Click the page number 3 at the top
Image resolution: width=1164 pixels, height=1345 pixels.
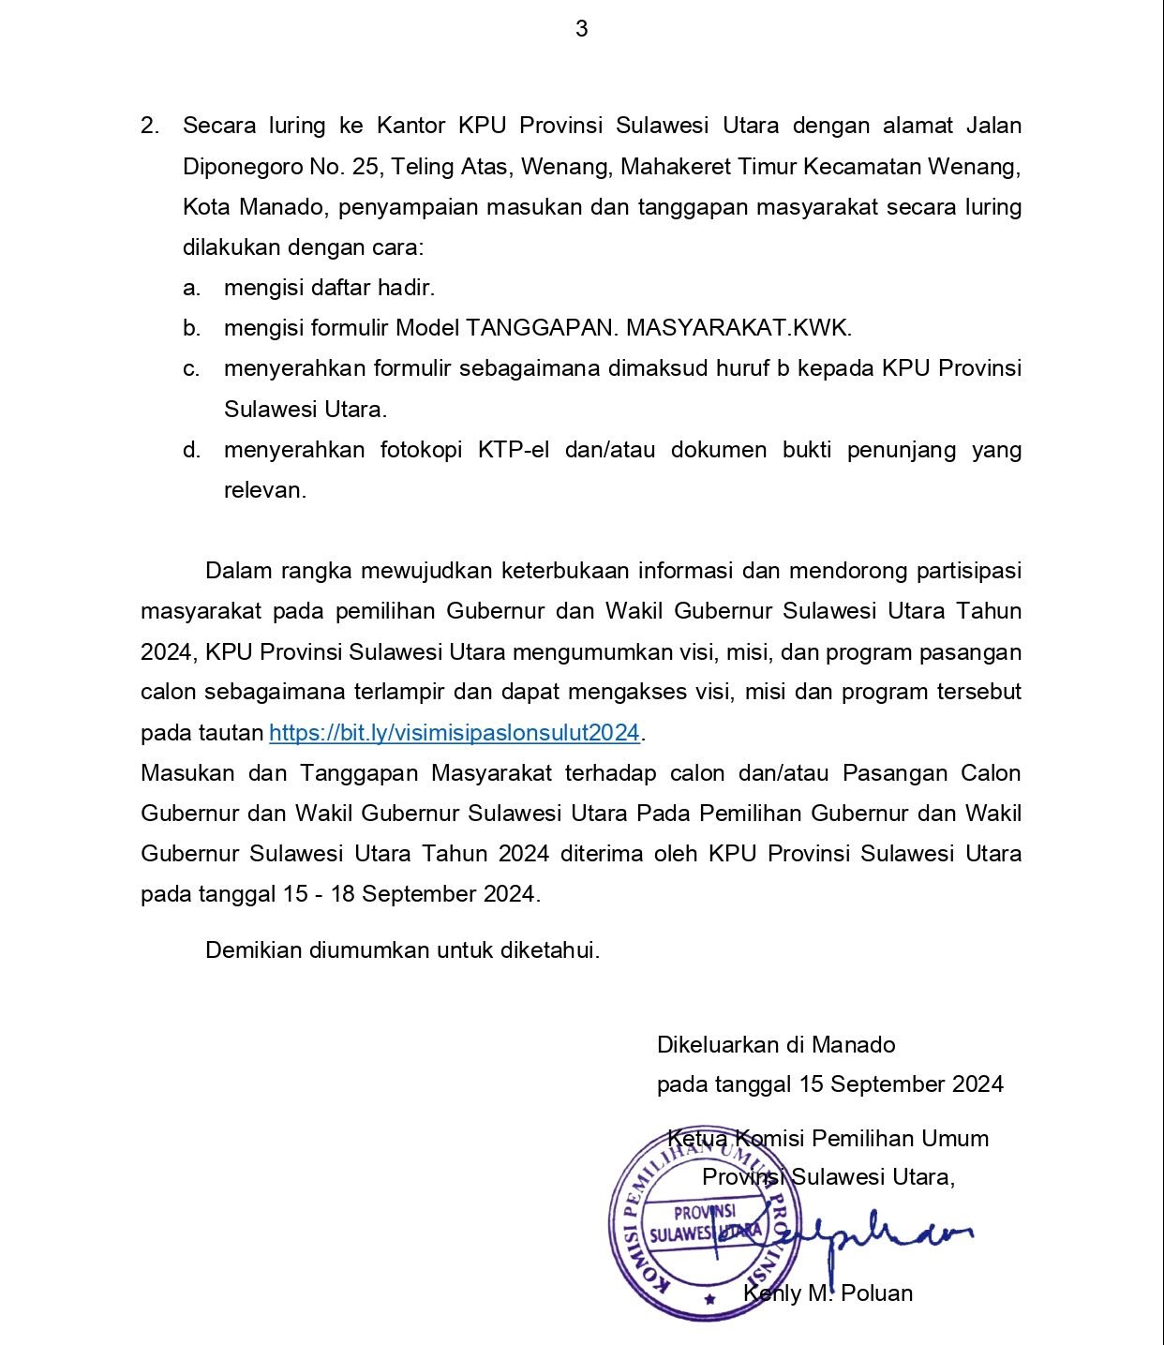(581, 29)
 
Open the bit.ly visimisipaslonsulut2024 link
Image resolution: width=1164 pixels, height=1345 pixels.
(454, 733)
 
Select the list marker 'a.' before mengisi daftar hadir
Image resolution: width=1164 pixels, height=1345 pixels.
(191, 288)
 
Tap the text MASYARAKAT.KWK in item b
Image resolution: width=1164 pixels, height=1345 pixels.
(739, 328)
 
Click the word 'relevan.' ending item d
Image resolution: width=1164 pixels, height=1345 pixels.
(265, 490)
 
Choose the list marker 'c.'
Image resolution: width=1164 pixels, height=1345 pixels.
(191, 369)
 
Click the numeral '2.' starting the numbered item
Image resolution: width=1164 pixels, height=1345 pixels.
(150, 126)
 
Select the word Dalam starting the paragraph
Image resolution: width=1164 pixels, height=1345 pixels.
(236, 571)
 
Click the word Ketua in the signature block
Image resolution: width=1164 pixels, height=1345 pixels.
(697, 1139)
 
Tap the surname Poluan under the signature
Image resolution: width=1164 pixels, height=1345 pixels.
(876, 1293)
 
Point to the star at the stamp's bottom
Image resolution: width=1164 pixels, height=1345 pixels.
(710, 1299)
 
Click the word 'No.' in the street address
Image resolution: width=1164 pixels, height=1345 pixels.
(328, 167)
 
